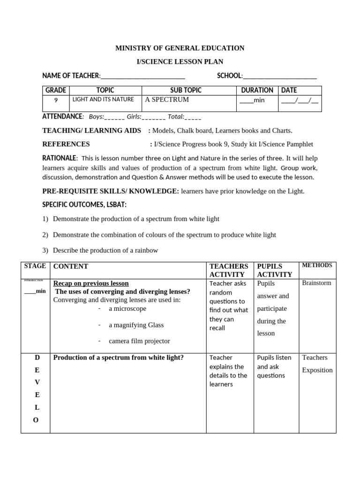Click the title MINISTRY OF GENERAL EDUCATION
[x=180, y=48]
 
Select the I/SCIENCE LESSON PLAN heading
[x=180, y=61]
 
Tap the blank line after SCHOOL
[x=280, y=76]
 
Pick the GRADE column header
[x=56, y=90]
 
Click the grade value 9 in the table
[x=56, y=100]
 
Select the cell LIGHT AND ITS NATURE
[x=103, y=99]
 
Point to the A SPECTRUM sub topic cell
[x=167, y=100]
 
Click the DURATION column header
[x=257, y=90]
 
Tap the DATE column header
[x=289, y=90]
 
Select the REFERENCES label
[x=66, y=144]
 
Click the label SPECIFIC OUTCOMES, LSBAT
[x=84, y=205]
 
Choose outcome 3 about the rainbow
[x=105, y=250]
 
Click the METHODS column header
[x=317, y=265]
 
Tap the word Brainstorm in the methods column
[x=316, y=283]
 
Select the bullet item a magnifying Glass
[x=136, y=325]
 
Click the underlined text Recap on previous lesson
[x=91, y=283]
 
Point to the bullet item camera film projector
[x=139, y=341]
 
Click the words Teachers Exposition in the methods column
[x=317, y=364]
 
